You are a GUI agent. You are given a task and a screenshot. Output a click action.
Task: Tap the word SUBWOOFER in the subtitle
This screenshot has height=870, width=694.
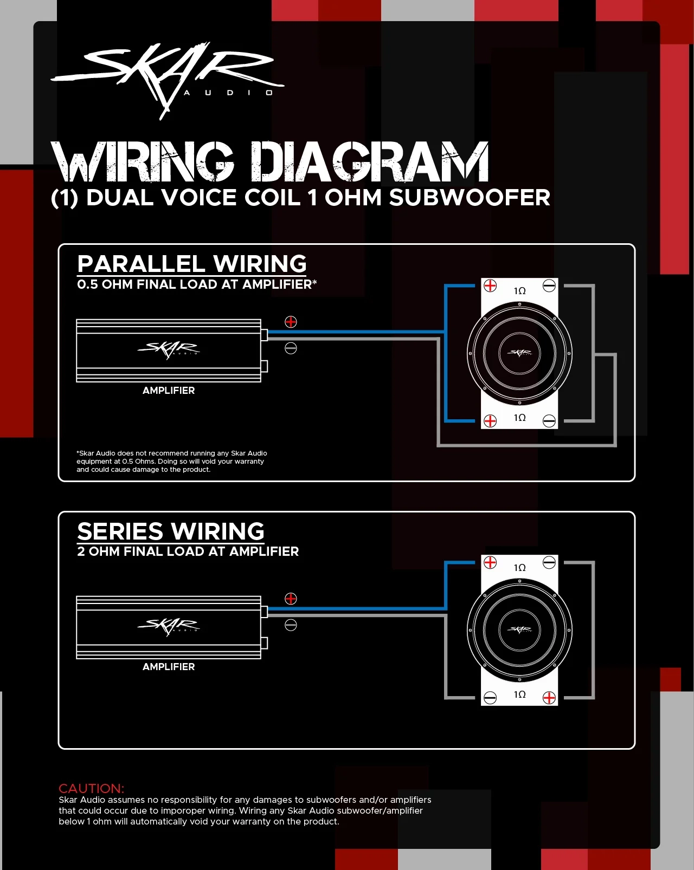click(470, 198)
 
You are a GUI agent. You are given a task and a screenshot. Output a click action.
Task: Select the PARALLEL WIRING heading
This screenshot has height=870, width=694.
click(192, 264)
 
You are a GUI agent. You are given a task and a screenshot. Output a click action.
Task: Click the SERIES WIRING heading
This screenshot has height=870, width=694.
click(171, 531)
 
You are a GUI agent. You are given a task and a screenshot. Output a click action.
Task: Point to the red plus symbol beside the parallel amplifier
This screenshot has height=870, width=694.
click(291, 322)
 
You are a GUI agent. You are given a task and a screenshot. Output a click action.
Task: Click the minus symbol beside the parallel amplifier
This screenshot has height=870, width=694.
click(291, 348)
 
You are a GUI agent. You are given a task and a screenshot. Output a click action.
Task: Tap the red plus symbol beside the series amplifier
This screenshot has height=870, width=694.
click(291, 599)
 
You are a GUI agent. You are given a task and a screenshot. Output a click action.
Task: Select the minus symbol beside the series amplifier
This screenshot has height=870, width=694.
click(291, 625)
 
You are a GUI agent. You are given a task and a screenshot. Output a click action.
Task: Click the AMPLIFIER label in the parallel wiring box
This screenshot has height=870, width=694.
click(169, 391)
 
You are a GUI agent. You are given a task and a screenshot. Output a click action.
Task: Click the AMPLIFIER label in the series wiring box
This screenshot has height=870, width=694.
click(169, 667)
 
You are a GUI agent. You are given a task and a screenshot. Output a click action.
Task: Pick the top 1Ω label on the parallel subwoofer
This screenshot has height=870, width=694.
click(519, 291)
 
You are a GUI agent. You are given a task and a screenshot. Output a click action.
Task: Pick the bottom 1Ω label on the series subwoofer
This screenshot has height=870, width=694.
click(519, 694)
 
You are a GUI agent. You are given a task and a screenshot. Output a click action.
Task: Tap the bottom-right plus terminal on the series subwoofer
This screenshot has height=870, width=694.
click(549, 698)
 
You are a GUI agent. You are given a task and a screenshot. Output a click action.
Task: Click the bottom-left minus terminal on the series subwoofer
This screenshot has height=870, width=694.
click(490, 698)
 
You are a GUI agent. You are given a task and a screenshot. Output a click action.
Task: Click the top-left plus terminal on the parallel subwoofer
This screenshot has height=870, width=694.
click(490, 285)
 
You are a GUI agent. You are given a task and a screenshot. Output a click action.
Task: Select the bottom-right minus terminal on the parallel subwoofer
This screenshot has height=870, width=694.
click(549, 421)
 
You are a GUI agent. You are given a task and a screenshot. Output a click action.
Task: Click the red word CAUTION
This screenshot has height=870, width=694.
click(91, 788)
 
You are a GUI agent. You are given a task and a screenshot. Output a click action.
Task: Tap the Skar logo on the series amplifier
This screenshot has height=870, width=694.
click(169, 625)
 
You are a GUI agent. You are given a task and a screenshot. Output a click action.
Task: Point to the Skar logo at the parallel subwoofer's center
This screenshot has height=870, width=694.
click(519, 353)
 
